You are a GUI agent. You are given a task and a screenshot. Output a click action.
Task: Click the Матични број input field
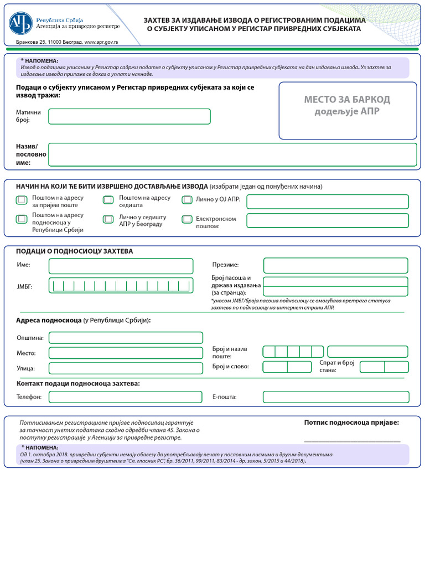click(x=129, y=116)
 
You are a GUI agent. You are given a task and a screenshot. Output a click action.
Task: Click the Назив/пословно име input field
click(x=232, y=154)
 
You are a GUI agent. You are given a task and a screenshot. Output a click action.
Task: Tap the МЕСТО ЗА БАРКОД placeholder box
click(x=347, y=111)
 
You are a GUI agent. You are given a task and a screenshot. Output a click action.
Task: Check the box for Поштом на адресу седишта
click(x=108, y=200)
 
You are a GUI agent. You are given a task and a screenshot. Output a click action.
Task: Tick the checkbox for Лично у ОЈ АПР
click(x=187, y=200)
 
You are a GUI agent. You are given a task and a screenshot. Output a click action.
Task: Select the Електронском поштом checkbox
click(x=187, y=220)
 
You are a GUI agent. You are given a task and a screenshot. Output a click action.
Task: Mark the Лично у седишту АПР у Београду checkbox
click(x=108, y=220)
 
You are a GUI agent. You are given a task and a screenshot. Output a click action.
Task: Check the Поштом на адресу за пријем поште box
click(x=21, y=200)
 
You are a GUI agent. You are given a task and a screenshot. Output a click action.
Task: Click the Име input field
click(x=121, y=266)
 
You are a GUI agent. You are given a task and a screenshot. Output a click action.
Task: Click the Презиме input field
click(x=335, y=266)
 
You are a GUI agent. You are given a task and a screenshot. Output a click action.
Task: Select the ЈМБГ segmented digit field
click(x=121, y=286)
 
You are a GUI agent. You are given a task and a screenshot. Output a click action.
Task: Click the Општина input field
click(x=126, y=338)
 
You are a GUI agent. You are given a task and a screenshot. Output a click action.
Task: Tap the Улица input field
click(x=126, y=368)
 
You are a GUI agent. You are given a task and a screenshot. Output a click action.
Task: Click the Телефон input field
click(x=126, y=397)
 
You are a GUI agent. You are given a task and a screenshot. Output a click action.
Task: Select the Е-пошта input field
click(x=335, y=397)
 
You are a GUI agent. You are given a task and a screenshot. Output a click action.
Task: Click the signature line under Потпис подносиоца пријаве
click(x=352, y=440)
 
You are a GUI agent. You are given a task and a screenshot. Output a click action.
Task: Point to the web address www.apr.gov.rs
click(x=105, y=42)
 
